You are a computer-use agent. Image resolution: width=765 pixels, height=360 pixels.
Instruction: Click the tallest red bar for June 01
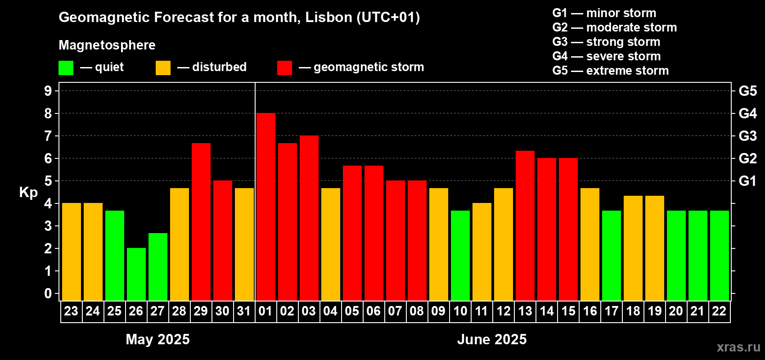point(265,207)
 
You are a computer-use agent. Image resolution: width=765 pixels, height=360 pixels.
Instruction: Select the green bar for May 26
point(136,274)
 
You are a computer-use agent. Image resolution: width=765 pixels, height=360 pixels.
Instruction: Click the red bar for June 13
point(525,225)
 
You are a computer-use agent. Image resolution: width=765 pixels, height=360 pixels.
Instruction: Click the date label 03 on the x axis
point(309,311)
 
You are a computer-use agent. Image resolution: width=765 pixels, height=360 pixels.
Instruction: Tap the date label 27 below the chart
point(157,311)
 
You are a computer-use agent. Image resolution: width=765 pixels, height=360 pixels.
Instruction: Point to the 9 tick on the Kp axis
point(48,91)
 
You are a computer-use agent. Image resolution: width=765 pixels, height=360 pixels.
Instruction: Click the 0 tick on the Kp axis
point(48,293)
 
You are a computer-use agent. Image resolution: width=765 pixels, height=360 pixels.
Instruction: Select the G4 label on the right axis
point(747,113)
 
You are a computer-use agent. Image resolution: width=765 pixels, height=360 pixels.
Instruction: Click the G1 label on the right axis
point(747,181)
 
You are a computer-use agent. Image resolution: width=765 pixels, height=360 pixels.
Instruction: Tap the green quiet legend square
point(66,68)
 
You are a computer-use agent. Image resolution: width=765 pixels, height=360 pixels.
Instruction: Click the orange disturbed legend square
point(163,68)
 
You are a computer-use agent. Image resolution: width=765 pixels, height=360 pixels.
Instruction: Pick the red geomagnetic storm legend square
point(284,68)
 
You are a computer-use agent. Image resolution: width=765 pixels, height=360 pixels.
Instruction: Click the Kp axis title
point(28,193)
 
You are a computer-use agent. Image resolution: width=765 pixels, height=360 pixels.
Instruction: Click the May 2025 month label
point(157,339)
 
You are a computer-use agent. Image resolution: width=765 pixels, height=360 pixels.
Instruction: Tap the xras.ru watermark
point(738,347)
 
